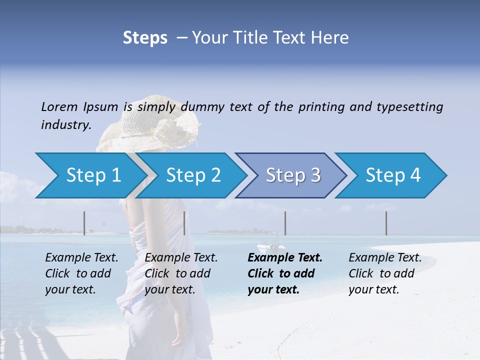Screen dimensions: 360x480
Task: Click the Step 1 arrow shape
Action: coord(90,175)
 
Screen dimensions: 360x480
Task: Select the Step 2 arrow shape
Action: coord(192,175)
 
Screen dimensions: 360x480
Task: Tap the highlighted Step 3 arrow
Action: coord(292,175)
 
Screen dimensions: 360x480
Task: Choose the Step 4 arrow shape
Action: coord(392,175)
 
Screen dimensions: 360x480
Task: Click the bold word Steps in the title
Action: coord(145,37)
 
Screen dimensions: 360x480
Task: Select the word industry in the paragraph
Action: coord(66,124)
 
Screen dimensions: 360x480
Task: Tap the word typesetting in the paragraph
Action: coord(409,106)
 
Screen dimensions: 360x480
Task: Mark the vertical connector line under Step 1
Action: coord(84,223)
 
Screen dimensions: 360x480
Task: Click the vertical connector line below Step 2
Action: coord(184,223)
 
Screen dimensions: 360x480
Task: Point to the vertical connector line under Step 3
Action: coord(285,223)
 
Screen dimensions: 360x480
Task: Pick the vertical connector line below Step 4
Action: coord(386,223)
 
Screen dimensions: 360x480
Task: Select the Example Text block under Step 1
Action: coord(81,273)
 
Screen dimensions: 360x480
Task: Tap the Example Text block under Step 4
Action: coord(385,273)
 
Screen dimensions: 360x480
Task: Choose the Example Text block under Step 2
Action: coord(181,273)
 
